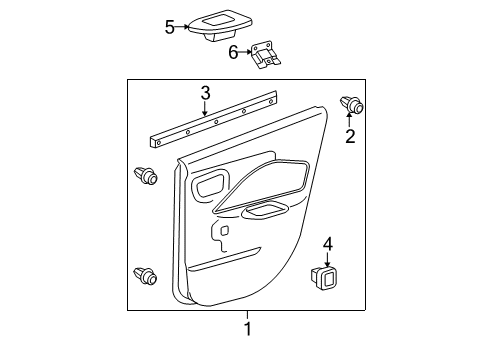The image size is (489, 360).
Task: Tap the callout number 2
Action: (350, 136)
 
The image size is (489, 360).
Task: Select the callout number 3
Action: (204, 93)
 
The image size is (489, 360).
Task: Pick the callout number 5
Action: (170, 27)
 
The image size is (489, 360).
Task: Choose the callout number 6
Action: (234, 51)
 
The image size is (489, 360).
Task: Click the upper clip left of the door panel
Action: (146, 177)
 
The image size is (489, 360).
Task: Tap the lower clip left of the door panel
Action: (146, 275)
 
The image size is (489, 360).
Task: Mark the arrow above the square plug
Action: (328, 258)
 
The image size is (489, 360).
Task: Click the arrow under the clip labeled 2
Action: (350, 119)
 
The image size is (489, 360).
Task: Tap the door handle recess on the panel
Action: (211, 185)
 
